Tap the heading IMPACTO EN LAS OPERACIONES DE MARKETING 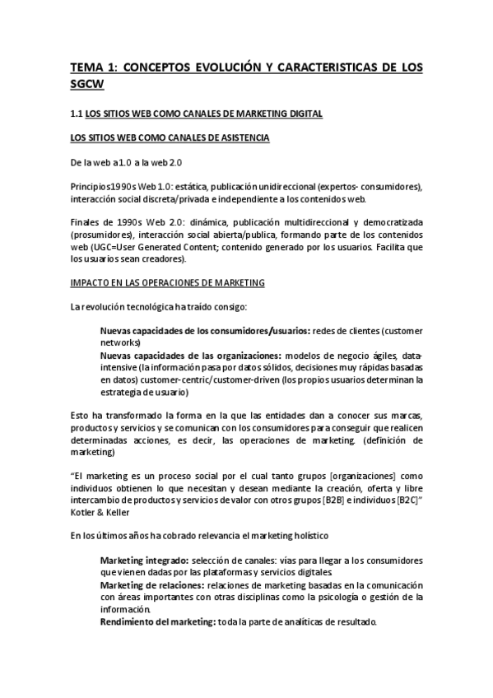coord(167,283)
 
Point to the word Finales coord(86,222)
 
